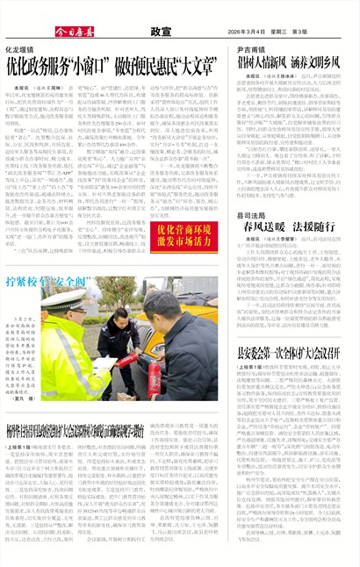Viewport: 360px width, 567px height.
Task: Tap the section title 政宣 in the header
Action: click(160, 31)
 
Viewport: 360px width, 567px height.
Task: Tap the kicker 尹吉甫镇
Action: click(254, 51)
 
